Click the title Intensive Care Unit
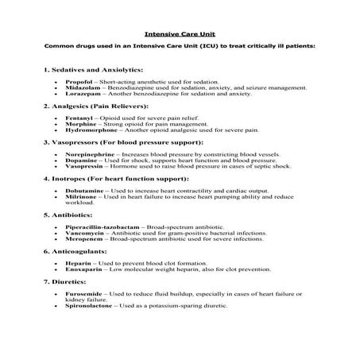[180, 34]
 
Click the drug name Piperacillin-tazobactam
[99, 224]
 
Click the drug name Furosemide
[83, 292]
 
